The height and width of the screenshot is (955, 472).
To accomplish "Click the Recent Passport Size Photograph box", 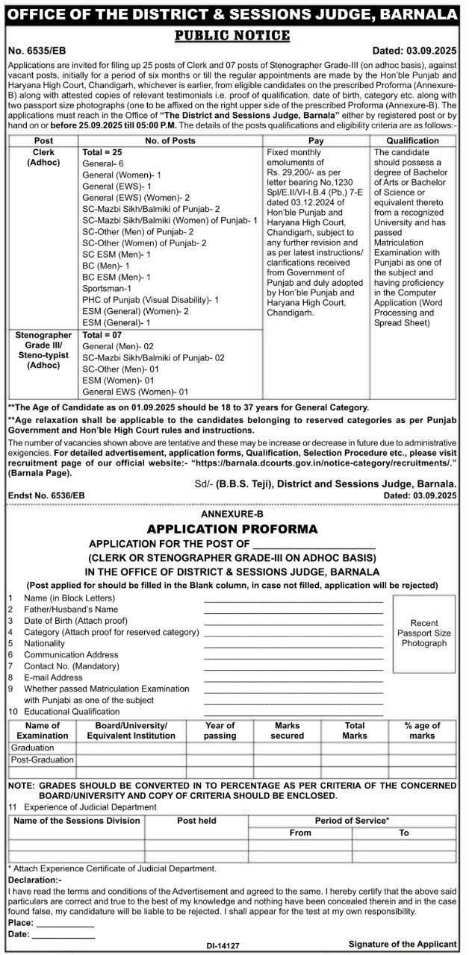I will pos(423,633).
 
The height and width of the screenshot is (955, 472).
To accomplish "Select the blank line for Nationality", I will pos(294,643).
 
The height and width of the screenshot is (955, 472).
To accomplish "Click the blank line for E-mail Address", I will pos(294,677).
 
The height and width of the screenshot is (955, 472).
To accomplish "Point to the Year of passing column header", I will pos(220,730).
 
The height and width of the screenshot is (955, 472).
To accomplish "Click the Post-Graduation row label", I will pos(43,760).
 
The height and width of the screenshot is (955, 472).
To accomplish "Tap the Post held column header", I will pos(196,821).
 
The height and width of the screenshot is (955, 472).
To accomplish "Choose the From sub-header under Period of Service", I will pos(300,833).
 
